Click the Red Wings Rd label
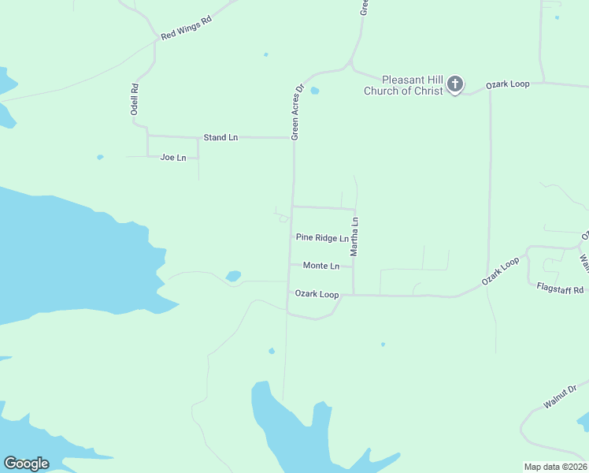(x=187, y=29)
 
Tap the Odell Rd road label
(x=135, y=100)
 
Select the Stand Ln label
(x=220, y=137)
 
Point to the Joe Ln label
(x=173, y=158)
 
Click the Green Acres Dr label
(x=298, y=112)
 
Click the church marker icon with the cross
(x=455, y=84)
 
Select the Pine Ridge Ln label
(x=322, y=237)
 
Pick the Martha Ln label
(x=355, y=236)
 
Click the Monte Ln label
(x=321, y=266)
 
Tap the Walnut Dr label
(x=560, y=396)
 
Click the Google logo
(x=26, y=464)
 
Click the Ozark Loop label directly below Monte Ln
(x=317, y=294)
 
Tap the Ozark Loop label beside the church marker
(x=507, y=84)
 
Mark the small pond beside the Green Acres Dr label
(x=315, y=91)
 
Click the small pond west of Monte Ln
(x=233, y=276)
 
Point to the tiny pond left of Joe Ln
(x=100, y=157)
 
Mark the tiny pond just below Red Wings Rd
(x=265, y=54)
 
